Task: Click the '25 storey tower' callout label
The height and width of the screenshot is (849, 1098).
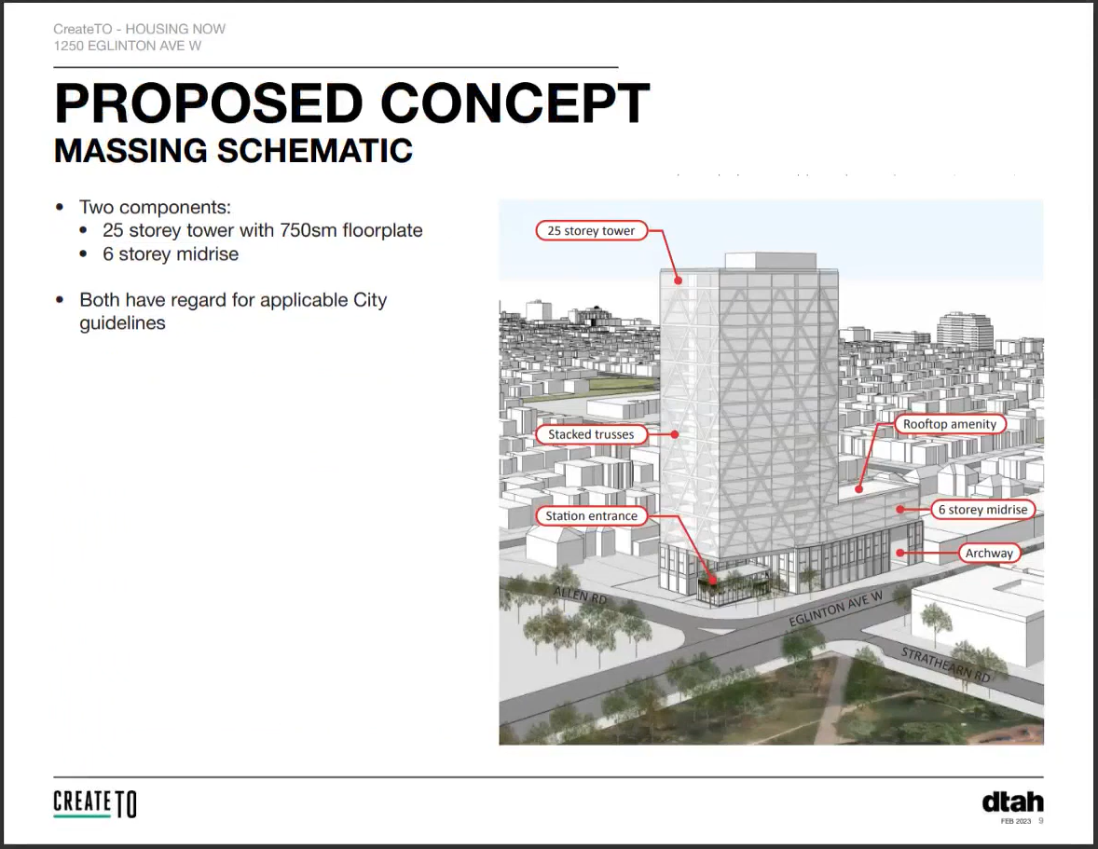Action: click(591, 231)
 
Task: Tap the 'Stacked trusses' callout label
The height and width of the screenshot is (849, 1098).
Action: click(591, 434)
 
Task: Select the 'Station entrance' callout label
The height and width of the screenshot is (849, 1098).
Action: click(591, 516)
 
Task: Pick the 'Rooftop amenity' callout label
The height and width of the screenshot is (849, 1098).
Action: click(950, 424)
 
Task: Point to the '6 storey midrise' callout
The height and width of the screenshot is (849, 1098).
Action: click(983, 510)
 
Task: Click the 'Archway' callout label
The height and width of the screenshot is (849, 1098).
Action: click(989, 553)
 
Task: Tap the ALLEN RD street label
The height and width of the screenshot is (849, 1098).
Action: click(581, 595)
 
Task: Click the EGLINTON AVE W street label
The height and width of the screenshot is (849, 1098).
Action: click(835, 609)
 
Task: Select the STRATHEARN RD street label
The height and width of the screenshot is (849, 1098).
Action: click(945, 664)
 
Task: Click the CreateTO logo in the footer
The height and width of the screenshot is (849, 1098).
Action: click(94, 803)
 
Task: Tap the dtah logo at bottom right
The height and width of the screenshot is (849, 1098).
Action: click(1012, 802)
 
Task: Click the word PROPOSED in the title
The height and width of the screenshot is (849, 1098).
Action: click(209, 103)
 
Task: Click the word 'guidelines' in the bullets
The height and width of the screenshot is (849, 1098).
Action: click(122, 323)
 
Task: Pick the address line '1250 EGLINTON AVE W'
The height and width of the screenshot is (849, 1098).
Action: click(128, 46)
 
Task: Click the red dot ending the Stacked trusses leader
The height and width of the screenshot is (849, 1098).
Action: click(674, 434)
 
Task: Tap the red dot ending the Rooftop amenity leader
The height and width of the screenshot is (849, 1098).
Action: click(859, 489)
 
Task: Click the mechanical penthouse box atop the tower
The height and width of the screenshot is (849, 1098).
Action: click(770, 260)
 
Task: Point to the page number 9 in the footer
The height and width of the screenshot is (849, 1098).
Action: click(1040, 821)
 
